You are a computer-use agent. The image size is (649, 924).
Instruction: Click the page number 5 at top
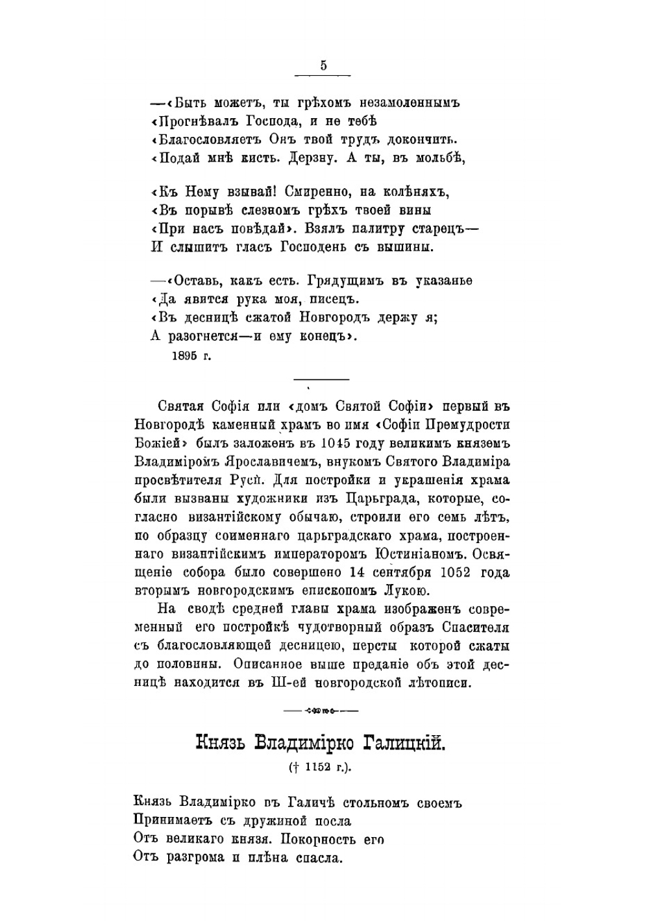pos(323,66)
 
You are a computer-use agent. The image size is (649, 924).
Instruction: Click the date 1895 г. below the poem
pos(191,356)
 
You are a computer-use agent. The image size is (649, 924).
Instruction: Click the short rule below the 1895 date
pos(322,379)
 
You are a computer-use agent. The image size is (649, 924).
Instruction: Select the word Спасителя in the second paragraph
pos(476,627)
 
